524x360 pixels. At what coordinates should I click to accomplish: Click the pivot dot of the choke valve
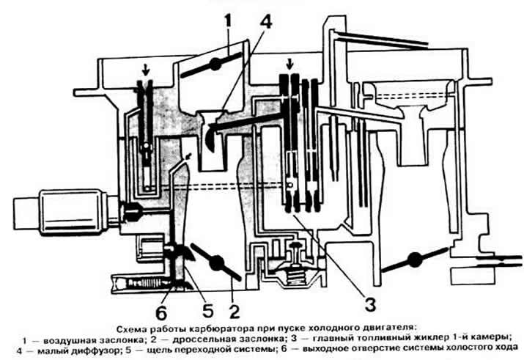[215, 64]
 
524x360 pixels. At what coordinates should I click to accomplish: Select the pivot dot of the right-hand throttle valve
[415, 259]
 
